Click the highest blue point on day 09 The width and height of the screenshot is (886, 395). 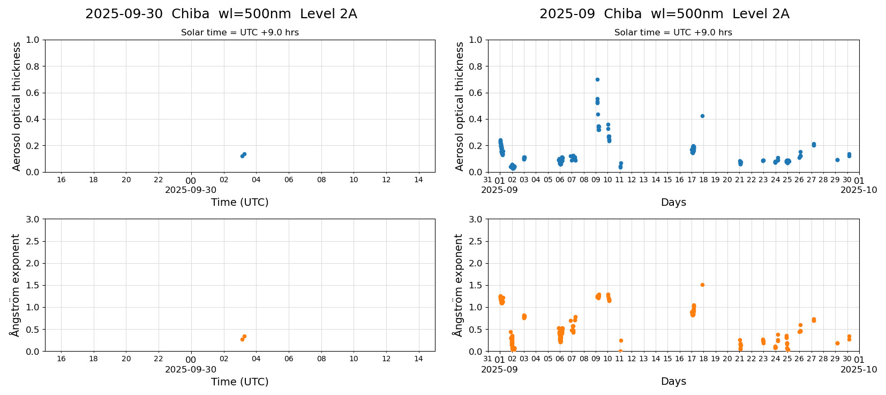597,79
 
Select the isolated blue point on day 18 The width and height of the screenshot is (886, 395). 702,116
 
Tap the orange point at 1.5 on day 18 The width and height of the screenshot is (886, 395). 702,285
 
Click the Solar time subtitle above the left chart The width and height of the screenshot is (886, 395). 239,33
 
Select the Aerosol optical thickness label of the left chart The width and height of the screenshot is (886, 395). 17,106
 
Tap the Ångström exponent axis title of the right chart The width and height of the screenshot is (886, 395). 459,285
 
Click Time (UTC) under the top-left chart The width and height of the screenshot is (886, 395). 239,202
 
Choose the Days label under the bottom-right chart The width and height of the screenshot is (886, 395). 673,382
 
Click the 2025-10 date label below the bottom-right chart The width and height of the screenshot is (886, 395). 859,369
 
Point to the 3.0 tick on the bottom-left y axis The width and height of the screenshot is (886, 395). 33,219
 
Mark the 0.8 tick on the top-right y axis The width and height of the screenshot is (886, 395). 476,66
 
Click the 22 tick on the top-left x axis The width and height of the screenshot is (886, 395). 159,180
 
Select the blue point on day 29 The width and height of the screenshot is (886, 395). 837,160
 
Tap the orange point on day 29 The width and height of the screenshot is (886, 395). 837,343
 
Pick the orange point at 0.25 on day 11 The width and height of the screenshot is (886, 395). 621,340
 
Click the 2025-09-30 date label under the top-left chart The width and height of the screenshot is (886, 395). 191,190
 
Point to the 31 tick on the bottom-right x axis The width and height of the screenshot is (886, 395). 487,359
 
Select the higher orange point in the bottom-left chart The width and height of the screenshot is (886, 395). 244,337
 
